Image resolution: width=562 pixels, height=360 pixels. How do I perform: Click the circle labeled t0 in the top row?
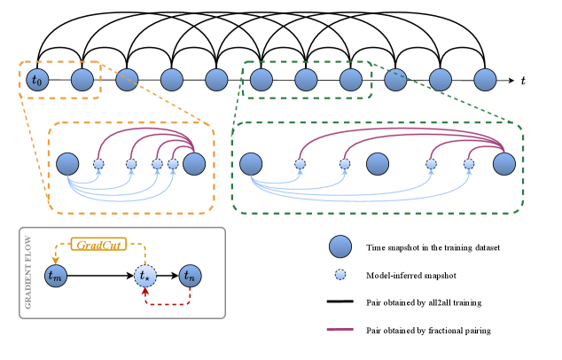[x=36, y=80]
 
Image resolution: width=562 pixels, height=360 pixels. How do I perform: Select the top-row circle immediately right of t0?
[x=82, y=80]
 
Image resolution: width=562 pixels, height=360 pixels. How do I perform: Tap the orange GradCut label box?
[x=99, y=244]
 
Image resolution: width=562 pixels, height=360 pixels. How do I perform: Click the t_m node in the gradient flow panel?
[x=55, y=277]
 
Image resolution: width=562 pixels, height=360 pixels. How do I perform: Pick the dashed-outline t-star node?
[x=145, y=277]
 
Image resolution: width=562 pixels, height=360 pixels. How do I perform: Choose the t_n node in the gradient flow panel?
[x=190, y=277]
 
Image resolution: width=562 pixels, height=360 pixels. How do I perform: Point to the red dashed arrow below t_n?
[x=168, y=303]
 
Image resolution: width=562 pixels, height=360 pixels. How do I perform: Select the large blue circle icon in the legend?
[x=340, y=247]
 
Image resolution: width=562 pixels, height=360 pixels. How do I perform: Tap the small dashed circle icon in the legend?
[x=340, y=275]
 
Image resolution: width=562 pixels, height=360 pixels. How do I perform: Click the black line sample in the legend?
[x=340, y=302]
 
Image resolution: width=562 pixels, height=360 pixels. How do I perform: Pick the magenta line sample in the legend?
[x=340, y=330]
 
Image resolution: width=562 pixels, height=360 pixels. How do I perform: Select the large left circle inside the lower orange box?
[x=67, y=164]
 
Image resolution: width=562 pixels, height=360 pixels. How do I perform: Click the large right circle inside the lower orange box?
[x=194, y=164]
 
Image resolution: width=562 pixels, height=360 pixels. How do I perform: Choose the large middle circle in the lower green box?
[x=378, y=164]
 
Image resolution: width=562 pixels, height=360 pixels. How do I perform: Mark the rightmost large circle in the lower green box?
[x=504, y=164]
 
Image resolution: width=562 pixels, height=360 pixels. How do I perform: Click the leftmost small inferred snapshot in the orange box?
[x=98, y=164]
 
